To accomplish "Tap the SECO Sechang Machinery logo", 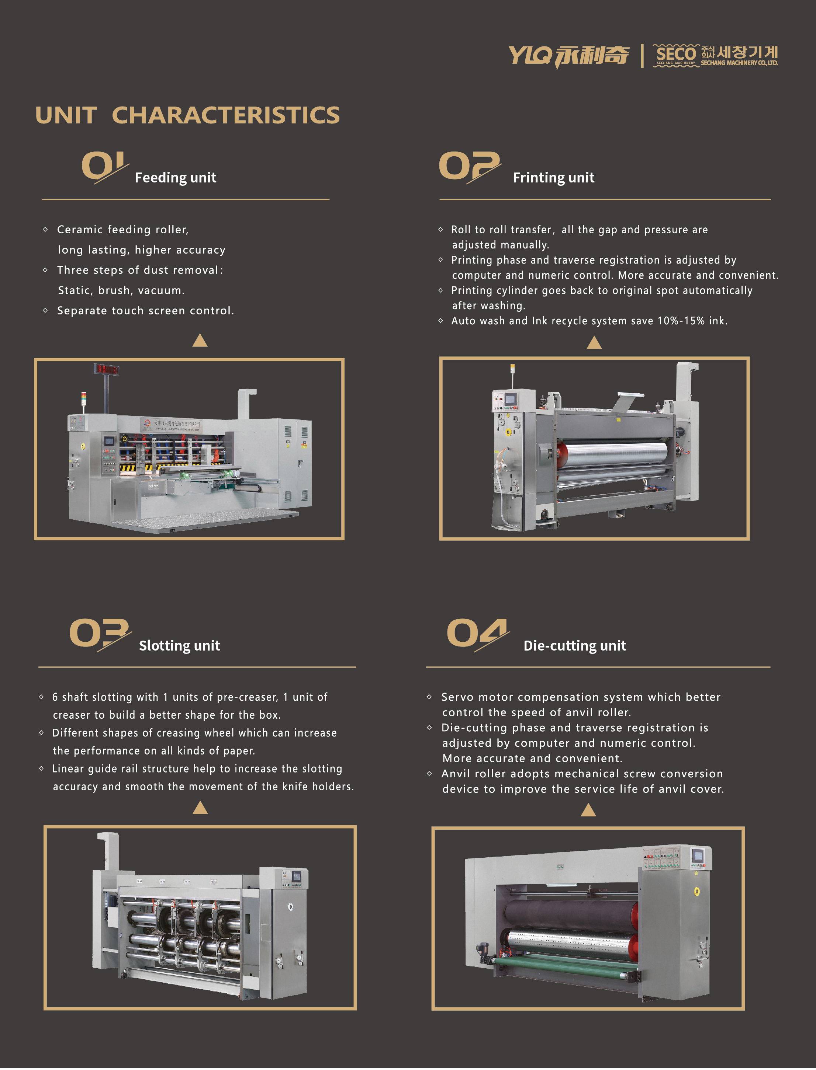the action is [715, 55].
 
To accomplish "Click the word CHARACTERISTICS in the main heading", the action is [226, 115].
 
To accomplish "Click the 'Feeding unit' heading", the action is [175, 178].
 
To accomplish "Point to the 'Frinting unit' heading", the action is [553, 178].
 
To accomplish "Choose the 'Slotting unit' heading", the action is [179, 645].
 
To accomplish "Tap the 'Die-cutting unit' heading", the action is [575, 645].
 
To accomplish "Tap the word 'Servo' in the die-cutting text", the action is [457, 697].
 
